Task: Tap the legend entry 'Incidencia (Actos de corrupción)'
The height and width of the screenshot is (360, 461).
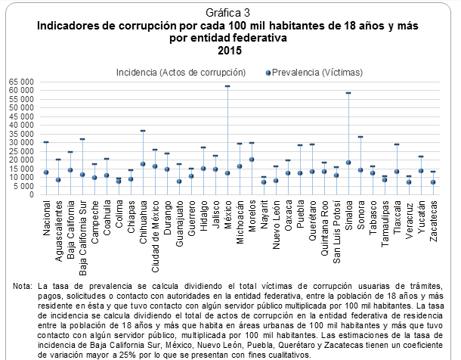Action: [182, 73]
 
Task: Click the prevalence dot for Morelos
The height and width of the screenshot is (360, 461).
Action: [252, 160]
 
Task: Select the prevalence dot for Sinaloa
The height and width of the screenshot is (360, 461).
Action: [348, 163]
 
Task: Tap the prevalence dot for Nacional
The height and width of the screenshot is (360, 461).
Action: [46, 172]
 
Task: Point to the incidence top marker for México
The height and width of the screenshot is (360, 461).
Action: [227, 86]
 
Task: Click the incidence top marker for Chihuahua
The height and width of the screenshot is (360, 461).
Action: [143, 131]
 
